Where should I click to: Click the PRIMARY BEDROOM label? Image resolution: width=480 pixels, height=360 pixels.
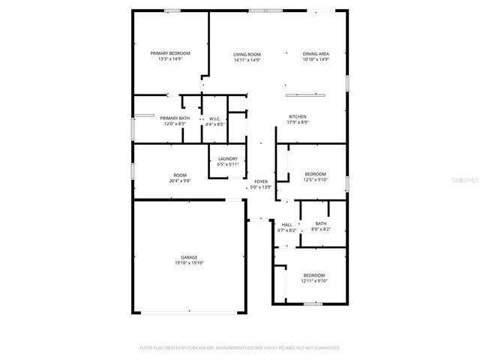coord(170,53)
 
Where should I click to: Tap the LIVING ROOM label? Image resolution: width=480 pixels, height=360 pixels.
coord(247,54)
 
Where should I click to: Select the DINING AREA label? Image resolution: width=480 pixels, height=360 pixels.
coord(316,54)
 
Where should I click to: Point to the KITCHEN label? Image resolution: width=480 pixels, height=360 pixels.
coord(298,116)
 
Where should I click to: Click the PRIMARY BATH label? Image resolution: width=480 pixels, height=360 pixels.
coord(175,118)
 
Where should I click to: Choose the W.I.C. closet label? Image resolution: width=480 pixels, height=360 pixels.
coord(214,118)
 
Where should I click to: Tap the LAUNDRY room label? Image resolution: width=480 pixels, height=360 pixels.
coord(228,158)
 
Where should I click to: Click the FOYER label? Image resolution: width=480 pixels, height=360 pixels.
coord(261,181)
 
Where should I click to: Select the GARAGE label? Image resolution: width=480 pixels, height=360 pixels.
coord(189,257)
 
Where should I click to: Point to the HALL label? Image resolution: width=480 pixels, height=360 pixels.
coord(287,224)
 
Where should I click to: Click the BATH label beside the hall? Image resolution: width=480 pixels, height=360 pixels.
coord(321,223)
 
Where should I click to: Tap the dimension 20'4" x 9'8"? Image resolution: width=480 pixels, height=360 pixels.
coord(181,181)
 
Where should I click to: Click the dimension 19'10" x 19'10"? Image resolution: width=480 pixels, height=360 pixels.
coord(189,263)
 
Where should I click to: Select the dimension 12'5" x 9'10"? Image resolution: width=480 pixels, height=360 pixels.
coord(314,180)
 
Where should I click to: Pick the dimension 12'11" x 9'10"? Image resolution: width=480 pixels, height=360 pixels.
coord(314,280)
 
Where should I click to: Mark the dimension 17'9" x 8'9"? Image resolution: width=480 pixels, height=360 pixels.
coord(298,122)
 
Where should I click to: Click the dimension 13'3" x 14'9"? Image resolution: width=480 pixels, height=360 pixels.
coord(170,59)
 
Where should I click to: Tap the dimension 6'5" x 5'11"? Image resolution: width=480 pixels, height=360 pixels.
coord(228,164)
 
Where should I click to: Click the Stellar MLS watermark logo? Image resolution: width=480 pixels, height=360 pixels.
coord(466,180)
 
